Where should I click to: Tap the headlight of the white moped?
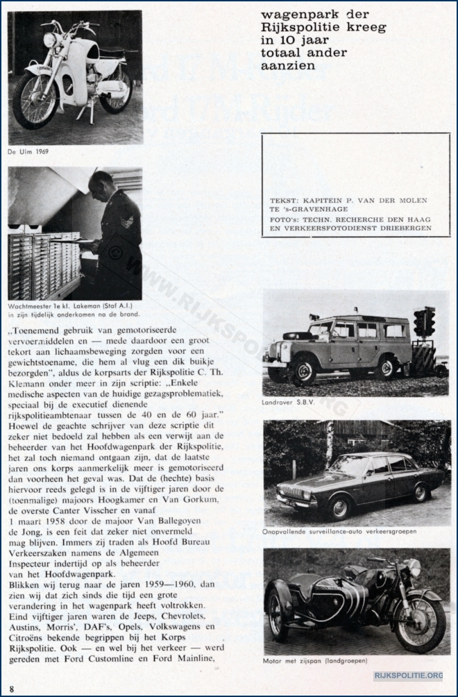(x=50, y=40)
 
